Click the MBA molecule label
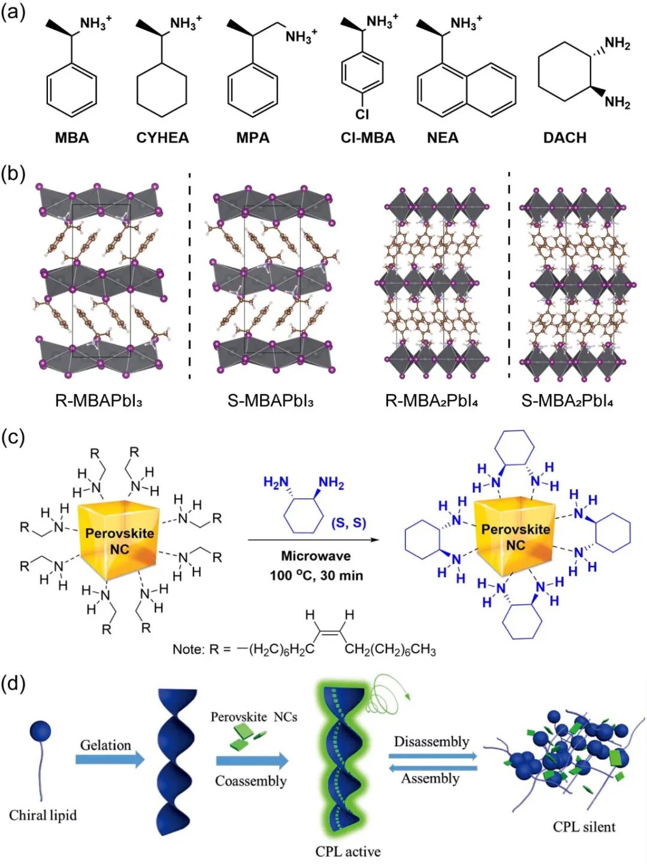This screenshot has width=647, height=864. (72, 138)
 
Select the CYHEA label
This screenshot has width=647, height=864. (162, 138)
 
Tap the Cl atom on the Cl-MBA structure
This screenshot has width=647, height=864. (362, 114)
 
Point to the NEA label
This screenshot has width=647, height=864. (443, 138)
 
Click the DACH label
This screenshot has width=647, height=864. (564, 138)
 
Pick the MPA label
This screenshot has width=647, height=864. (253, 138)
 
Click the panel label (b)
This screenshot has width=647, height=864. (13, 174)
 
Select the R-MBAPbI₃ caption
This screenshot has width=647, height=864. (99, 400)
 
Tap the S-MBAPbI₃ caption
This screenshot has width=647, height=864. (271, 400)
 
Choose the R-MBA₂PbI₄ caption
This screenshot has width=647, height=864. (431, 400)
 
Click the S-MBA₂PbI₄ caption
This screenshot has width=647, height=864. (567, 400)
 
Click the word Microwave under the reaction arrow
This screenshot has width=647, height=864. (316, 556)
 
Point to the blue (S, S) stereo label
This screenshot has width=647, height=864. (349, 523)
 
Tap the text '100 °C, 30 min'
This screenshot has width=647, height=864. (316, 575)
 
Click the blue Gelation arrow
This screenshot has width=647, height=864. (110, 759)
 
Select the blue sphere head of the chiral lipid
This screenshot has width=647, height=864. (40, 731)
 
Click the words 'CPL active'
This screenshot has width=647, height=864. (348, 851)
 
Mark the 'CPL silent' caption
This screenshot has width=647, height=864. (584, 826)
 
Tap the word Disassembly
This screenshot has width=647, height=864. (431, 741)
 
